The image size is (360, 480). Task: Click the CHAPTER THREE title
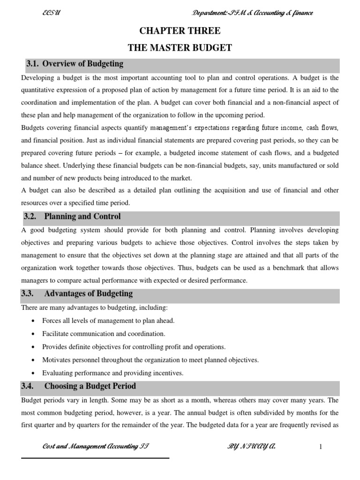coord(180,31)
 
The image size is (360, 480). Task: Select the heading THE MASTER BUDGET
coord(180,47)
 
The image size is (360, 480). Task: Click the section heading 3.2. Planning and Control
coord(72,217)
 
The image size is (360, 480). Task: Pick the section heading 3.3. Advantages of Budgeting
coord(77,294)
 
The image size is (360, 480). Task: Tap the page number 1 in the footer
coord(320,447)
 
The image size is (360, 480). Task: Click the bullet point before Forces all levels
coord(31,321)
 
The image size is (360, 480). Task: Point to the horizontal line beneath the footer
coord(95,458)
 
